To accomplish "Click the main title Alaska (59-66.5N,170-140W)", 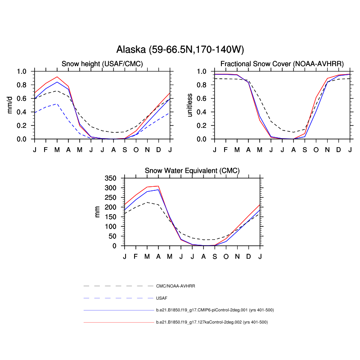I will point(180,49).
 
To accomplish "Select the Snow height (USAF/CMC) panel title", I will point(102,64).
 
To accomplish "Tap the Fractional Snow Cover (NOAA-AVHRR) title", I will point(282,64).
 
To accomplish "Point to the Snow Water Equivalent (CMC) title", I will point(192,171).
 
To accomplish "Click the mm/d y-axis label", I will point(10,105).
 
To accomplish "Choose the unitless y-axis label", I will point(189,105).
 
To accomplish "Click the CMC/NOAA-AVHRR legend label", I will point(175,286).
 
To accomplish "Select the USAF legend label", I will point(162,298).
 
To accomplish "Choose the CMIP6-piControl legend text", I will point(215,310).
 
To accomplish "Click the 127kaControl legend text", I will point(215,322).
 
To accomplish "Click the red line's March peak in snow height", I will point(57,77).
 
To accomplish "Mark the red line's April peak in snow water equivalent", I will point(158,186).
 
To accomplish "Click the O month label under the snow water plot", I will point(226,256).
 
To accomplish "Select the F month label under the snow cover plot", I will point(226,149).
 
